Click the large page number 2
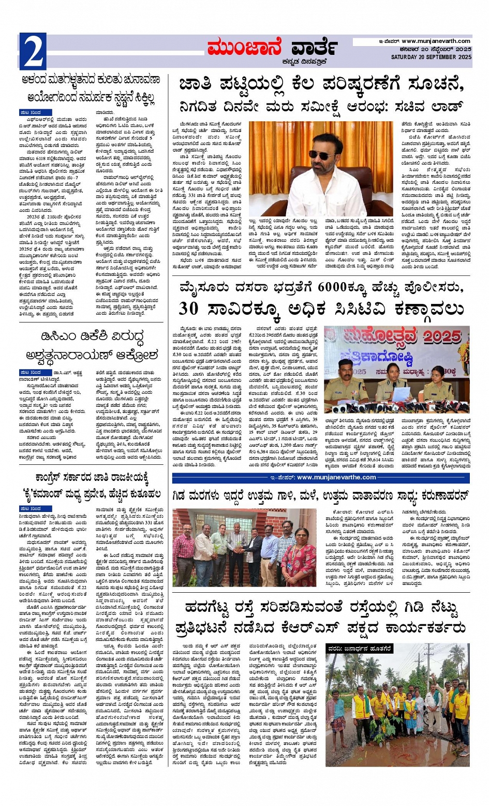33,52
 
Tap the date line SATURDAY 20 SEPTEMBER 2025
431,57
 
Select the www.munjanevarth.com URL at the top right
436,41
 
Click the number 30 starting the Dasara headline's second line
189,309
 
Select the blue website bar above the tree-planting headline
321,477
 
